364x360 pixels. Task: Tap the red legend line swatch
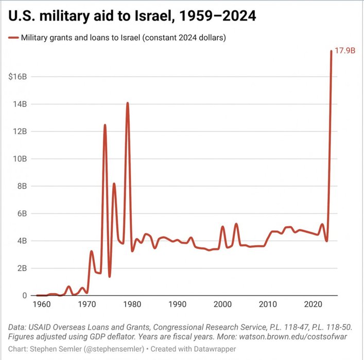[x=13, y=38]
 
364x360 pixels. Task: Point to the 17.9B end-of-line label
[x=346, y=51]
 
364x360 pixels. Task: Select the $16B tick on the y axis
[x=18, y=77]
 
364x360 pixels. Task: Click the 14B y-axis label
[x=20, y=104]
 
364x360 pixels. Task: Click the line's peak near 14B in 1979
[x=128, y=103]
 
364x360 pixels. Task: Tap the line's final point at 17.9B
[x=331, y=51]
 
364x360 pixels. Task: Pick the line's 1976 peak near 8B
[x=114, y=184]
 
